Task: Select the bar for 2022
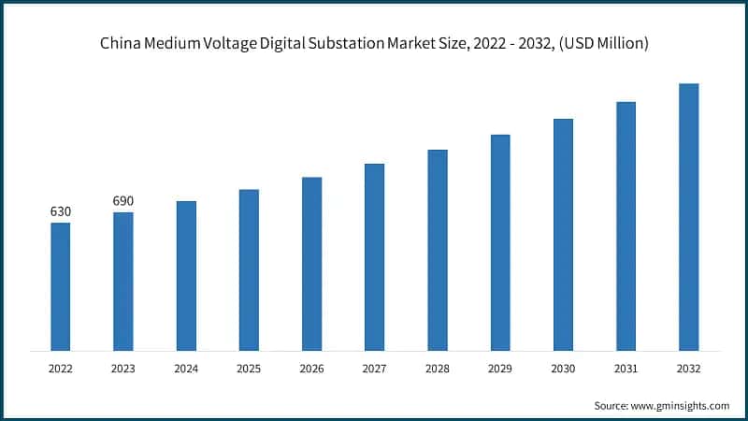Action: click(60, 286)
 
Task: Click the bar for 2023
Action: click(123, 282)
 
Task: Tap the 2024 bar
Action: click(186, 276)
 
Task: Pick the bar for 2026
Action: click(311, 264)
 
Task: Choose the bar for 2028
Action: click(438, 250)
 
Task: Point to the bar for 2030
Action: click(563, 235)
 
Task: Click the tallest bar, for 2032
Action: click(688, 217)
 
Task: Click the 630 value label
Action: click(60, 211)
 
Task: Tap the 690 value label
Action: click(123, 201)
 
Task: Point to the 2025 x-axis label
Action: click(249, 369)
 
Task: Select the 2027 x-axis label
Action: click(374, 369)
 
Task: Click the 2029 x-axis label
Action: click(500, 369)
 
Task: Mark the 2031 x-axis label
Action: click(626, 369)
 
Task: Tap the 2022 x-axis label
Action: click(60, 369)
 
